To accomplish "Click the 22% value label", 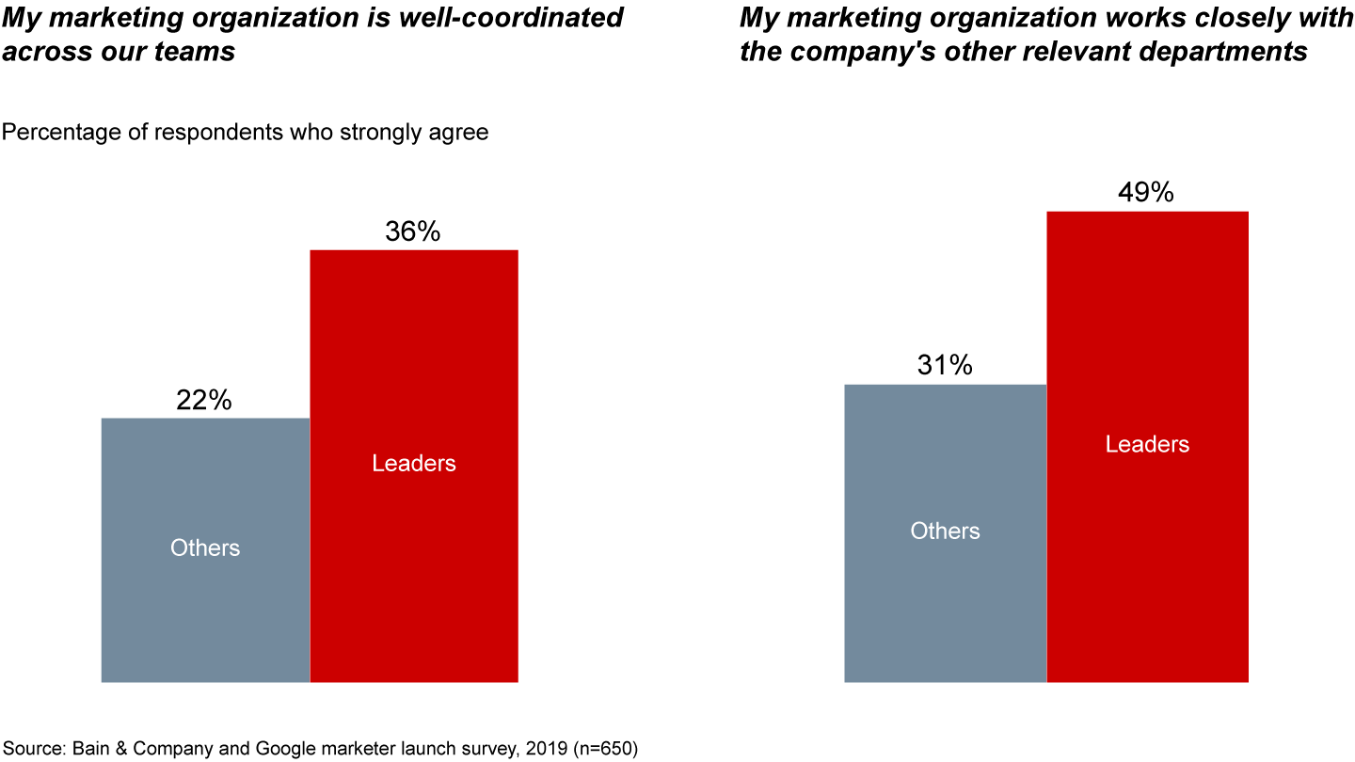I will click(x=203, y=401).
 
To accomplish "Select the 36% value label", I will click(x=412, y=232).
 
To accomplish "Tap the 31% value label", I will click(x=945, y=366).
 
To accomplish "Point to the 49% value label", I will click(x=1146, y=193).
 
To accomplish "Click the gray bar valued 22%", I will click(x=205, y=602).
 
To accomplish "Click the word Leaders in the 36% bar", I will click(x=414, y=463).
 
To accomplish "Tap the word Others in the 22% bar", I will click(x=205, y=548).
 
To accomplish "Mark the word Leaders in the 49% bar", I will click(x=1147, y=444).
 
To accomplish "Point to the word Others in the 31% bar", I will click(x=945, y=531).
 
